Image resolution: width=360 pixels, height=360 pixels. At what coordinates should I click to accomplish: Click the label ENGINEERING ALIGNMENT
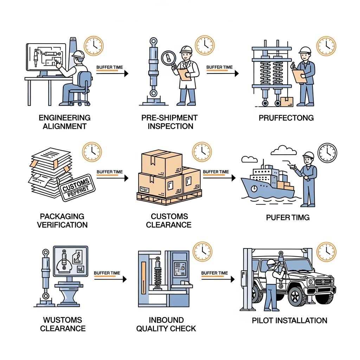point(64,122)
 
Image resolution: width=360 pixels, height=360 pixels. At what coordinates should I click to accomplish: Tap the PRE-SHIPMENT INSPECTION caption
point(169,122)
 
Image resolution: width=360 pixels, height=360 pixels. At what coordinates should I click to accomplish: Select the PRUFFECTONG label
point(286,118)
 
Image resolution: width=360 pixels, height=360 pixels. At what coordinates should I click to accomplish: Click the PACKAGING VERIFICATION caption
point(62,220)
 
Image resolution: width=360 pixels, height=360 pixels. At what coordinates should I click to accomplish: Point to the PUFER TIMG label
point(288,218)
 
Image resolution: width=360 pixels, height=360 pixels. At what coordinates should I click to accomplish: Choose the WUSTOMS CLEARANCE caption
point(63,324)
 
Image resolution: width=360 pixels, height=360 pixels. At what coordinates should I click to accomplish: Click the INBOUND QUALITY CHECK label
point(166,324)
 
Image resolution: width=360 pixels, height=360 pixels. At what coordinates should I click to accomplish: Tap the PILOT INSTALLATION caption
point(289,320)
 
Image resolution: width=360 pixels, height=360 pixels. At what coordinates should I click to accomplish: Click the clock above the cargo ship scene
point(327,153)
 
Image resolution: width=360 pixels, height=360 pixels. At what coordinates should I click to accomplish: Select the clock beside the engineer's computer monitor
point(94,46)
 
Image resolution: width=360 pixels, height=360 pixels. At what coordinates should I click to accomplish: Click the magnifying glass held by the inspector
point(168,58)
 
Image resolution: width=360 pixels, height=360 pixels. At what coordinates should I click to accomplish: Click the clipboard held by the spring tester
point(299,76)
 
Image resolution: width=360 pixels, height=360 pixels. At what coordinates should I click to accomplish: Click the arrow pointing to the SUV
point(217,279)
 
